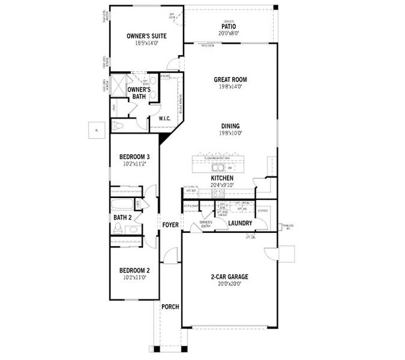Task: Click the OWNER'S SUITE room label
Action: (146, 36)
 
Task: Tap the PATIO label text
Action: (229, 26)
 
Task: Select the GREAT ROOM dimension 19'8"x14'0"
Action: (230, 86)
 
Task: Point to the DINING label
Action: (230, 126)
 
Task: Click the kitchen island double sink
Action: (215, 168)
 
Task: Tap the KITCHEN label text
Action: (221, 178)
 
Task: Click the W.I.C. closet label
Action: (165, 119)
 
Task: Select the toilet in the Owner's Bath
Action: (119, 125)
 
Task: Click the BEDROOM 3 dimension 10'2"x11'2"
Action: (134, 163)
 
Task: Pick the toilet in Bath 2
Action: (118, 228)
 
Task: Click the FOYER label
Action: (170, 225)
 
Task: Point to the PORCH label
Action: (170, 307)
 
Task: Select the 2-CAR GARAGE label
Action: (230, 277)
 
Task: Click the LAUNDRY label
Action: (240, 224)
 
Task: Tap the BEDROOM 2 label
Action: (134, 270)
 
